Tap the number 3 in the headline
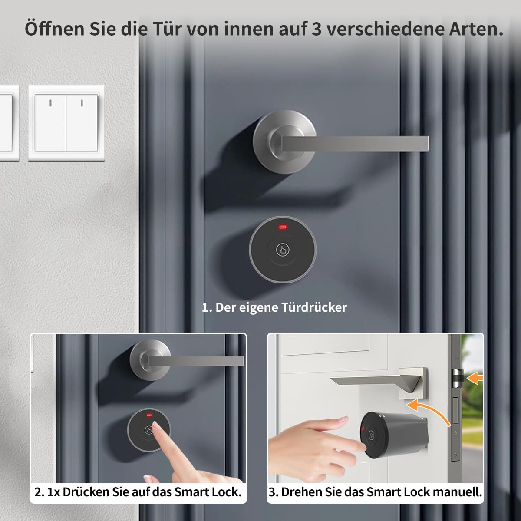point(317,29)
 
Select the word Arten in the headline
point(473,29)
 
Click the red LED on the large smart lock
point(283,227)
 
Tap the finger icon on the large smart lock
point(283,250)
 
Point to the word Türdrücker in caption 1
point(314,307)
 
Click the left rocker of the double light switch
point(50,123)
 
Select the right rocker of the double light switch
point(82,123)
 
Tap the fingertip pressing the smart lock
point(155,426)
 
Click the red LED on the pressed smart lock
point(149,415)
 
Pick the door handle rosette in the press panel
point(150,360)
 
